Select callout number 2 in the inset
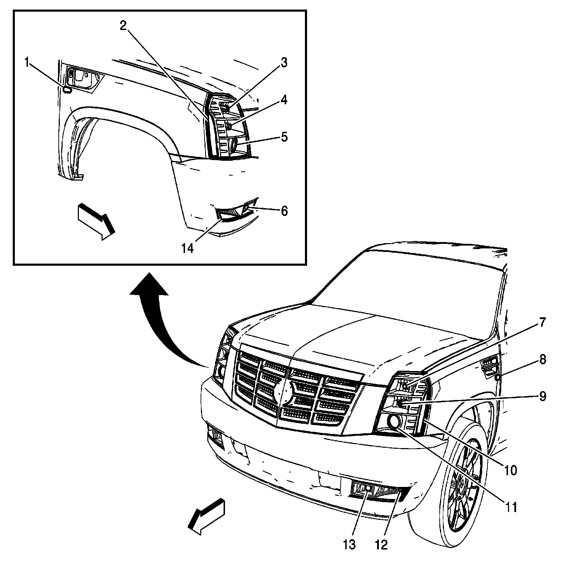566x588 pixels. pos(123,25)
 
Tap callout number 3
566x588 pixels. pos(284,63)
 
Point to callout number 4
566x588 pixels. pos(284,100)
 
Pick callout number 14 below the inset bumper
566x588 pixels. pos(188,248)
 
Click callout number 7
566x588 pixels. pos(543,323)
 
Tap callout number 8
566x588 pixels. pos(543,360)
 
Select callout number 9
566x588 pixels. pos(543,396)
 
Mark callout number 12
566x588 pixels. pos(382,545)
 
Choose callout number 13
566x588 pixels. pos(349,545)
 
